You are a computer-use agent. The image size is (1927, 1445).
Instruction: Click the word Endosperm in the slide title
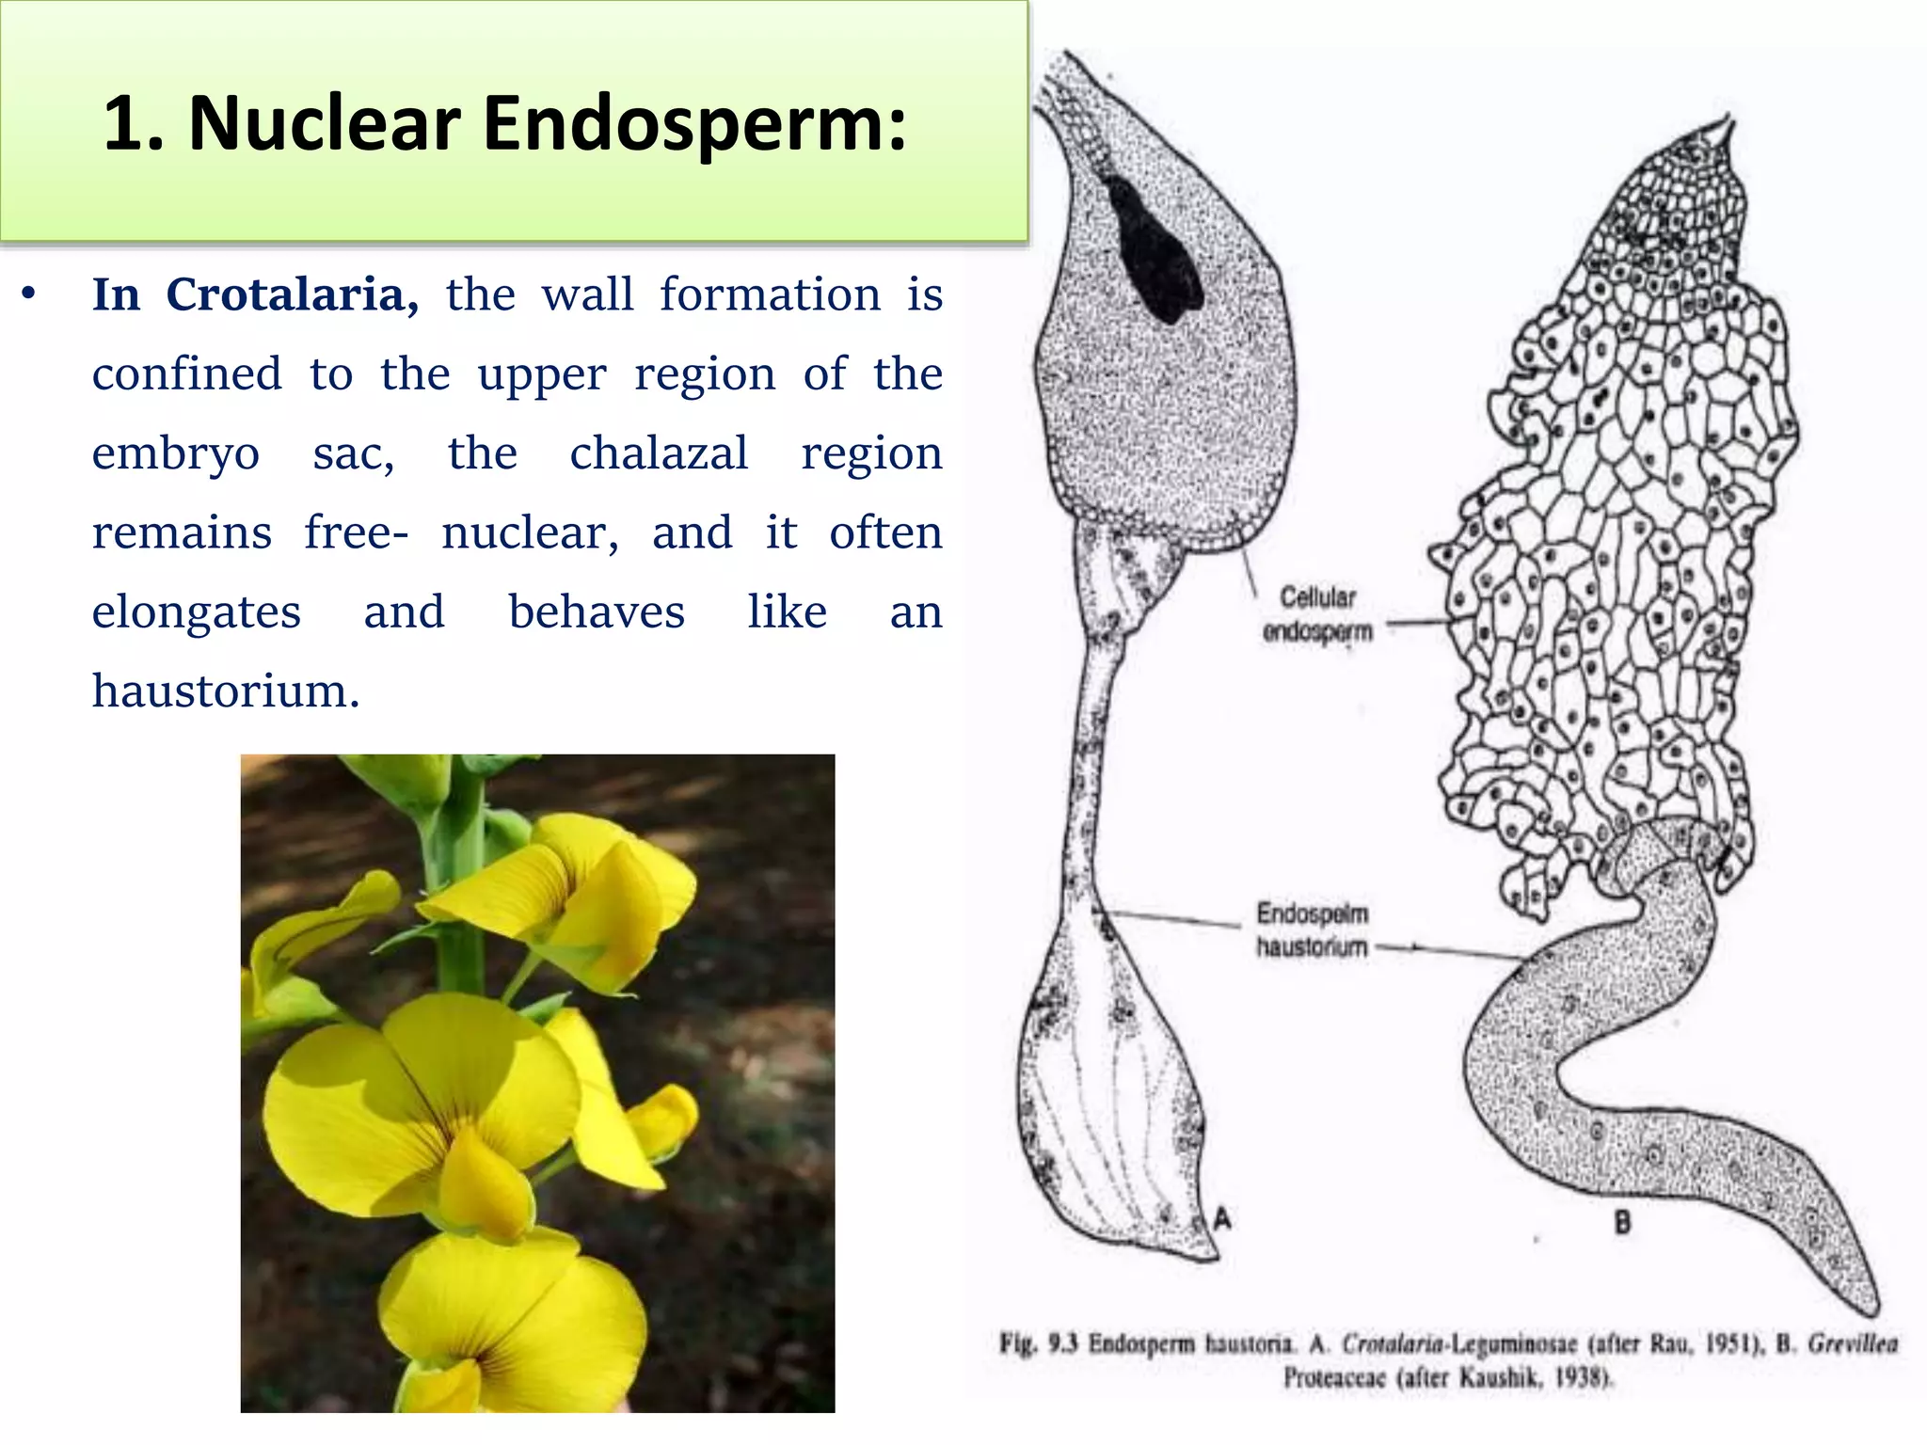click(x=694, y=124)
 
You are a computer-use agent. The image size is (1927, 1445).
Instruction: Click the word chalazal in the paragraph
click(x=659, y=453)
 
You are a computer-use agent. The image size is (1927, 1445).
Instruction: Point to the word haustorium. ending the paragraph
click(x=226, y=691)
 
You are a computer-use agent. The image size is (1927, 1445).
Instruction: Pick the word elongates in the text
click(x=196, y=612)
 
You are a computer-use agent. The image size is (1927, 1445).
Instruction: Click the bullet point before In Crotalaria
click(x=29, y=295)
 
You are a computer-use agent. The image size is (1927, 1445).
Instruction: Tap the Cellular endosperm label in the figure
click(x=1317, y=613)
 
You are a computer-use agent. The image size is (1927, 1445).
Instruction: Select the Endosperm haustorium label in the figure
click(x=1312, y=929)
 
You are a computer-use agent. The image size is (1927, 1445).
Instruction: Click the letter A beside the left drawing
click(x=1221, y=1219)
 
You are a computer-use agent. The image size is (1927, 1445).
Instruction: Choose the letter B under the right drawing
click(x=1622, y=1223)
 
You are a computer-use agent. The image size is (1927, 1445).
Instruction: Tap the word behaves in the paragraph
click(x=597, y=612)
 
